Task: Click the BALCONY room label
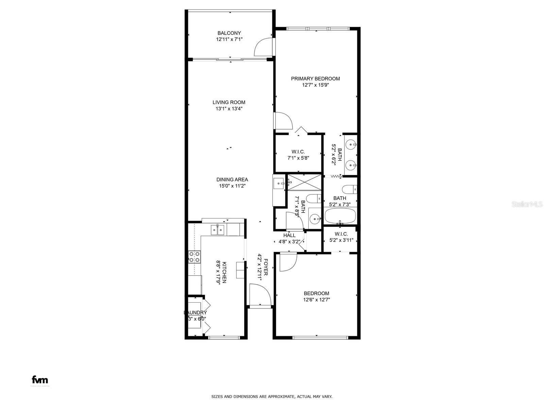click(x=229, y=33)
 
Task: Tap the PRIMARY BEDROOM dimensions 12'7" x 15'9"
click(x=316, y=85)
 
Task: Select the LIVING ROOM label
click(x=229, y=102)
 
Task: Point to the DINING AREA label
click(x=232, y=180)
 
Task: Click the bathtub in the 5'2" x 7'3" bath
click(x=340, y=216)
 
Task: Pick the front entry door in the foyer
click(x=260, y=294)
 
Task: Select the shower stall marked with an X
click(x=304, y=183)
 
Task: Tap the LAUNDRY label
click(x=195, y=312)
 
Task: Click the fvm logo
click(x=40, y=380)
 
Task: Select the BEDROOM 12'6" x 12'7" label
click(x=316, y=293)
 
